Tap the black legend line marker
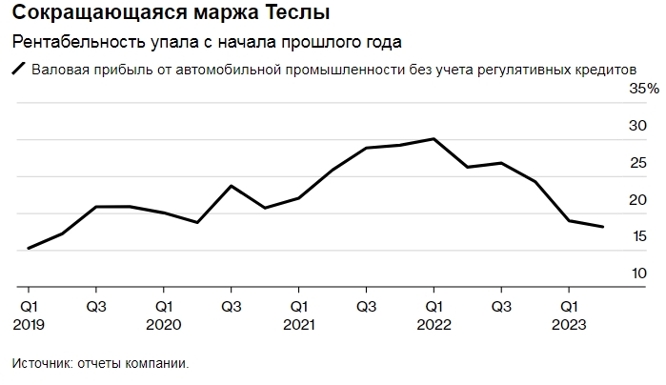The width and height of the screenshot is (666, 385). pos(18,70)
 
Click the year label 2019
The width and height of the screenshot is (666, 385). pos(30,325)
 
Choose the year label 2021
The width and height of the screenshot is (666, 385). pos(299,325)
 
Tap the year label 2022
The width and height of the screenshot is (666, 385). pos(434,325)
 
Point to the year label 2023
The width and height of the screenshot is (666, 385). pos(568,325)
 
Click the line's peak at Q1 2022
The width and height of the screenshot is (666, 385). pos(434,139)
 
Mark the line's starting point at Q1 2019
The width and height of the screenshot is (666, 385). pos(29,248)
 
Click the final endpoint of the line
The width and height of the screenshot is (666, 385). pos(603,227)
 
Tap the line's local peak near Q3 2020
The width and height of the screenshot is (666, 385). pos(232,186)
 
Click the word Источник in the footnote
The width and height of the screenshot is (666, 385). pos(42,363)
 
